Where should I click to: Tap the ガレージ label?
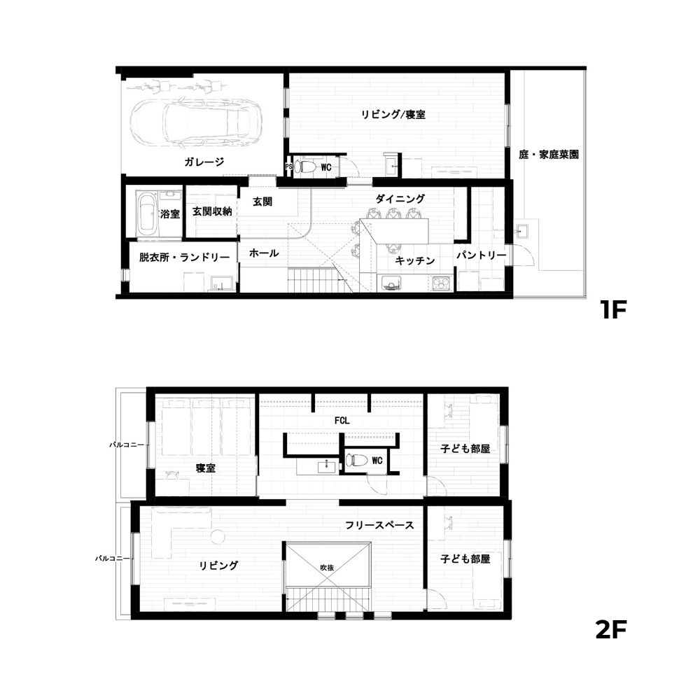pos(204,162)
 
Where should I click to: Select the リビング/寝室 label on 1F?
pos(393,114)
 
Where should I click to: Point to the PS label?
pos(288,167)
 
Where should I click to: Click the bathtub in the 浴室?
pos(146,213)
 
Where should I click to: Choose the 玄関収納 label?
pos(212,211)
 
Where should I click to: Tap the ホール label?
pos(264,253)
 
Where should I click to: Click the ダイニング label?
pos(400,199)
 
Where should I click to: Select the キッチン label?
pos(414,260)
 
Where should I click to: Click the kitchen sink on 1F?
pos(389,283)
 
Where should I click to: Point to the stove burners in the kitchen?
pos(442,283)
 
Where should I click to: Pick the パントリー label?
pos(482,255)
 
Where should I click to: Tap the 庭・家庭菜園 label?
pos(549,155)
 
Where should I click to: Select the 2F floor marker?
pos(610,629)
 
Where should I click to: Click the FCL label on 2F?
pos(342,421)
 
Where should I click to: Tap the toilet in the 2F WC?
pos(357,460)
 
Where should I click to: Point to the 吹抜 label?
pos(327,568)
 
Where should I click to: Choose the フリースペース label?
pos(379,525)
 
